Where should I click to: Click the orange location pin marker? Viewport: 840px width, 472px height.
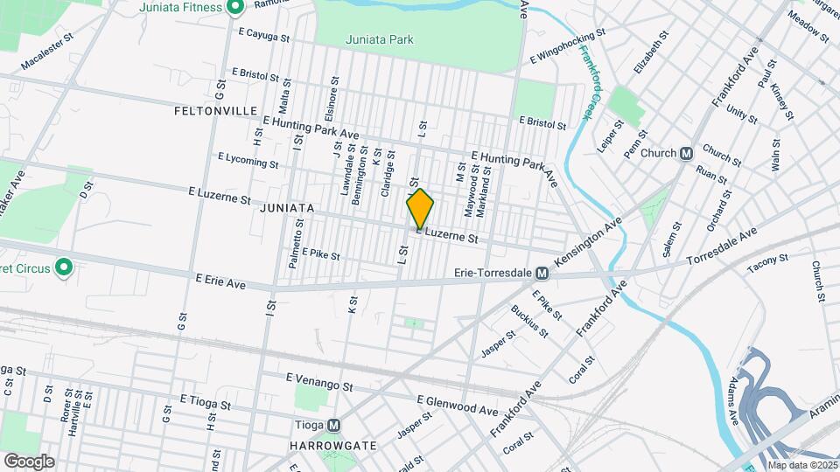[420, 209]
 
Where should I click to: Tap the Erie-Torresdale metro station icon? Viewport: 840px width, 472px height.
[542, 274]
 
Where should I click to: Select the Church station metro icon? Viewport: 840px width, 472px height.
[687, 153]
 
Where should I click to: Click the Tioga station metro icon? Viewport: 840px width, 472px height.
[333, 427]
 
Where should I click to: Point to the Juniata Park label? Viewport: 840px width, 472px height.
[379, 39]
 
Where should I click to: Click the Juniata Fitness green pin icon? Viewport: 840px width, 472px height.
[234, 8]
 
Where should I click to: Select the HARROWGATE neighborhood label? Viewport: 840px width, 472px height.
[332, 445]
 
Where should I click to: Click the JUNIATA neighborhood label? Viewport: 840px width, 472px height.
[286, 208]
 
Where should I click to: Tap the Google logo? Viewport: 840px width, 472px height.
[29, 461]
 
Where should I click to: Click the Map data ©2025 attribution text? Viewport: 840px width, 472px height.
[802, 465]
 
